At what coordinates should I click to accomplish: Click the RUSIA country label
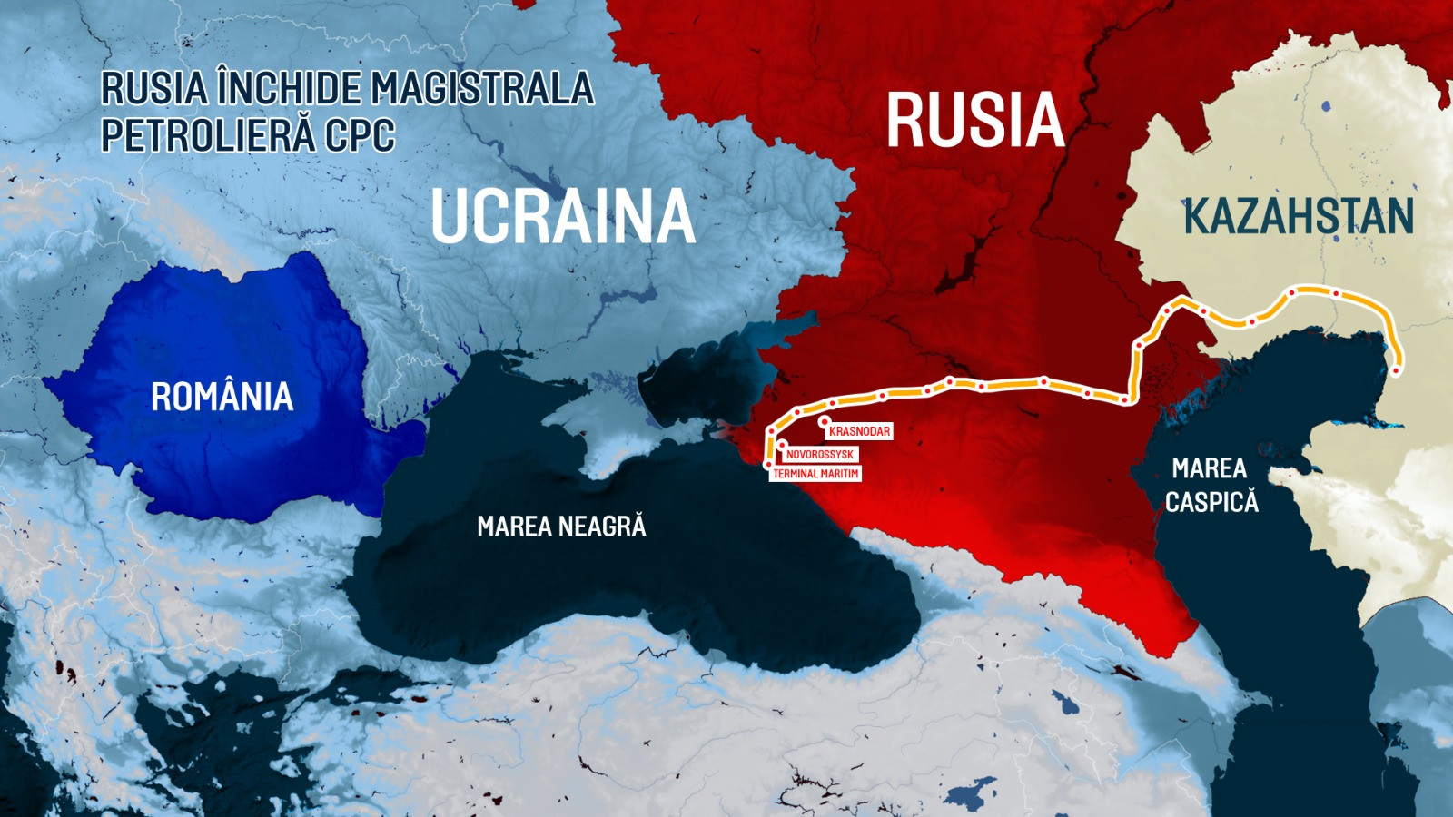974,120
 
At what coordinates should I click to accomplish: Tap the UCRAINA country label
562,216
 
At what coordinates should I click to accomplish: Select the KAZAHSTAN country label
1299,216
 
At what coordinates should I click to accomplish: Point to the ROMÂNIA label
222,397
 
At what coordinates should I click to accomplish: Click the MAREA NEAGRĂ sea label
561,527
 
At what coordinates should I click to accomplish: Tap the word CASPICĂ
1211,502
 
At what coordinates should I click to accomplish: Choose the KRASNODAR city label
859,431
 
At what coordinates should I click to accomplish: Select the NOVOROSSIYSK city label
819,454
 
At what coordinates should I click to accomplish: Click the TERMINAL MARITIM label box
815,473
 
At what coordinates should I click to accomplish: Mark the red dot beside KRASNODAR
824,421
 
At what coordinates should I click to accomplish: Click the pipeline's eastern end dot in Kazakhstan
1396,369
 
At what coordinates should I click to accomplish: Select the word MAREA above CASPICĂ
1209,468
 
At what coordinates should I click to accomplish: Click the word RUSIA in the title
153,89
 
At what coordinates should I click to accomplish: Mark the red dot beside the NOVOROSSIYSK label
782,445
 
